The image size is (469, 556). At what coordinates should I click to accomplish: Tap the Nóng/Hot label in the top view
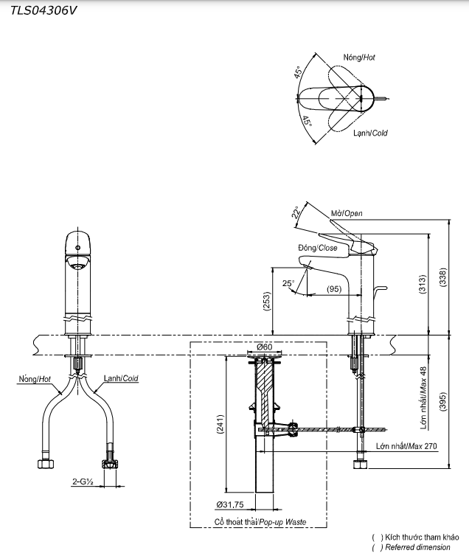coord(359,57)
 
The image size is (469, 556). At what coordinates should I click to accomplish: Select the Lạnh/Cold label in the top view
coord(369,133)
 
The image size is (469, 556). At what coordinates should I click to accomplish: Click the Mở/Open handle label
coord(347,214)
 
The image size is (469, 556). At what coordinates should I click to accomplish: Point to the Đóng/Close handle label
coord(317,249)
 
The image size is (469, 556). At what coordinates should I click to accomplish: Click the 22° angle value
coord(296,213)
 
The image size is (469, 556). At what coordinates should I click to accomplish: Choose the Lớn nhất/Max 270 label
coord(406,447)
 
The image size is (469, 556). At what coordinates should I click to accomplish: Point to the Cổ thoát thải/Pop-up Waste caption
coord(260,521)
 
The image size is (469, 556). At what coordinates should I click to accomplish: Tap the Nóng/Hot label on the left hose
coord(33,379)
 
